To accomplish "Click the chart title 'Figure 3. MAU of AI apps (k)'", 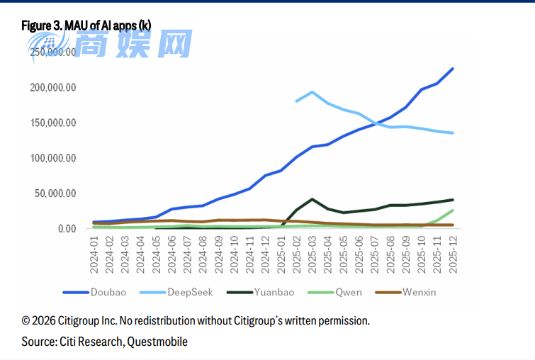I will coord(86,26).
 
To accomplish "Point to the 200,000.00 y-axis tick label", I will coord(52,87).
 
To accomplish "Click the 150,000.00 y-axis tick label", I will coord(52,123).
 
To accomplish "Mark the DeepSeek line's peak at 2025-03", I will coord(312,92).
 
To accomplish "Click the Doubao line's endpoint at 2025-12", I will coord(453,69).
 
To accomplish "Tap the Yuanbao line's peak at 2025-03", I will coord(312,199).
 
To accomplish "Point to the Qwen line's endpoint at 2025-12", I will coord(453,210).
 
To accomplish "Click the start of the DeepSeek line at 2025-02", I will coord(297,101).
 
